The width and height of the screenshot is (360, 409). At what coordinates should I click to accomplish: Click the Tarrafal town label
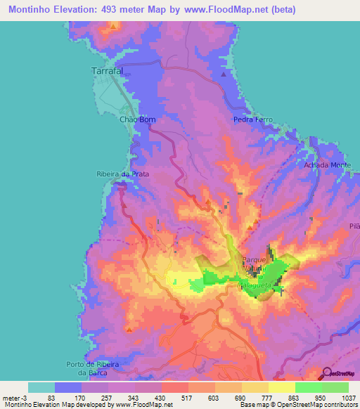pyautogui.click(x=108, y=71)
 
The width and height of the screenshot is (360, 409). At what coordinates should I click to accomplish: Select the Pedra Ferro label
pyautogui.click(x=252, y=119)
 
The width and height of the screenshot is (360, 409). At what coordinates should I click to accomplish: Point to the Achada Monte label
pyautogui.click(x=327, y=164)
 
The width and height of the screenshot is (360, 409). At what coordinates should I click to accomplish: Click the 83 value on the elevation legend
pyautogui.click(x=58, y=397)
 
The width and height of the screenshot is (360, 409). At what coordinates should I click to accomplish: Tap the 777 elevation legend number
pyautogui.click(x=271, y=397)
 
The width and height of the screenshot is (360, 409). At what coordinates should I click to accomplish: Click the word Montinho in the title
pyautogui.click(x=30, y=10)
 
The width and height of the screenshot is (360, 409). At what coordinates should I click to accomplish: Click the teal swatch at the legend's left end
pyautogui.click(x=41, y=387)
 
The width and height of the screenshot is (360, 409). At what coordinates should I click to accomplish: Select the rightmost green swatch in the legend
pyautogui.click(x=335, y=387)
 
